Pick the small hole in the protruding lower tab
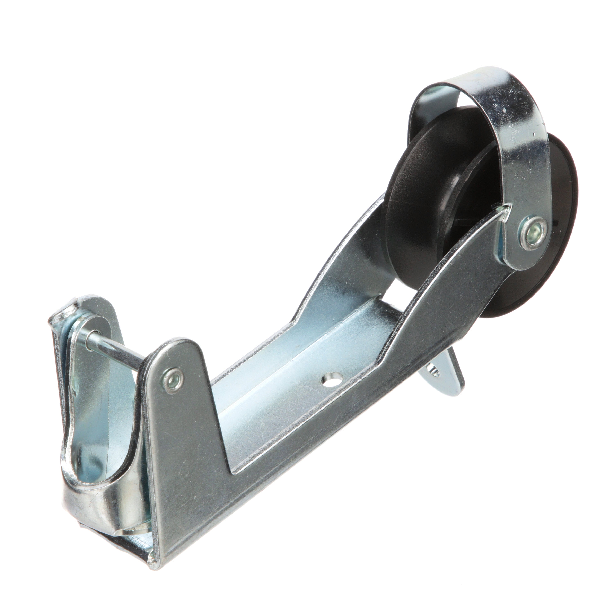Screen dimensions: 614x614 (x=434, y=372)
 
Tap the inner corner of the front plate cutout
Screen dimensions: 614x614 (x=234, y=483)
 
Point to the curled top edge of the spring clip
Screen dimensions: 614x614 (x=62, y=315)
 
